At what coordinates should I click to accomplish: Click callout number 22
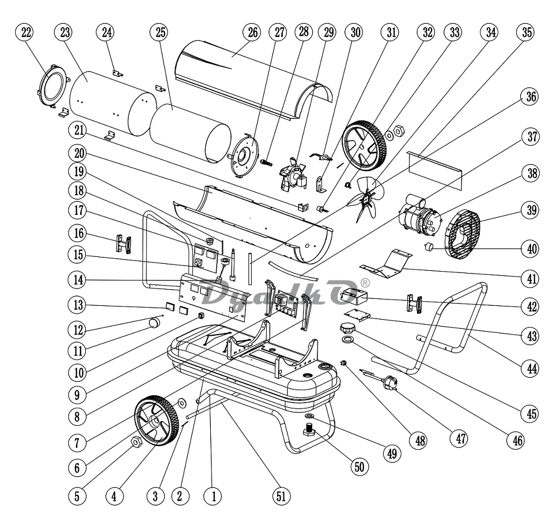click(x=25, y=32)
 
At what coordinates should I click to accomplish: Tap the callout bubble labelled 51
click(x=282, y=495)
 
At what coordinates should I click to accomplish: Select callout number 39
click(x=531, y=210)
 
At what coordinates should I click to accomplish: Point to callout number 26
click(x=251, y=32)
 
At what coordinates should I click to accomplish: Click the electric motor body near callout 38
click(x=420, y=219)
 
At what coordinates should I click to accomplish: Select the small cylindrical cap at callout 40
click(x=429, y=248)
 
